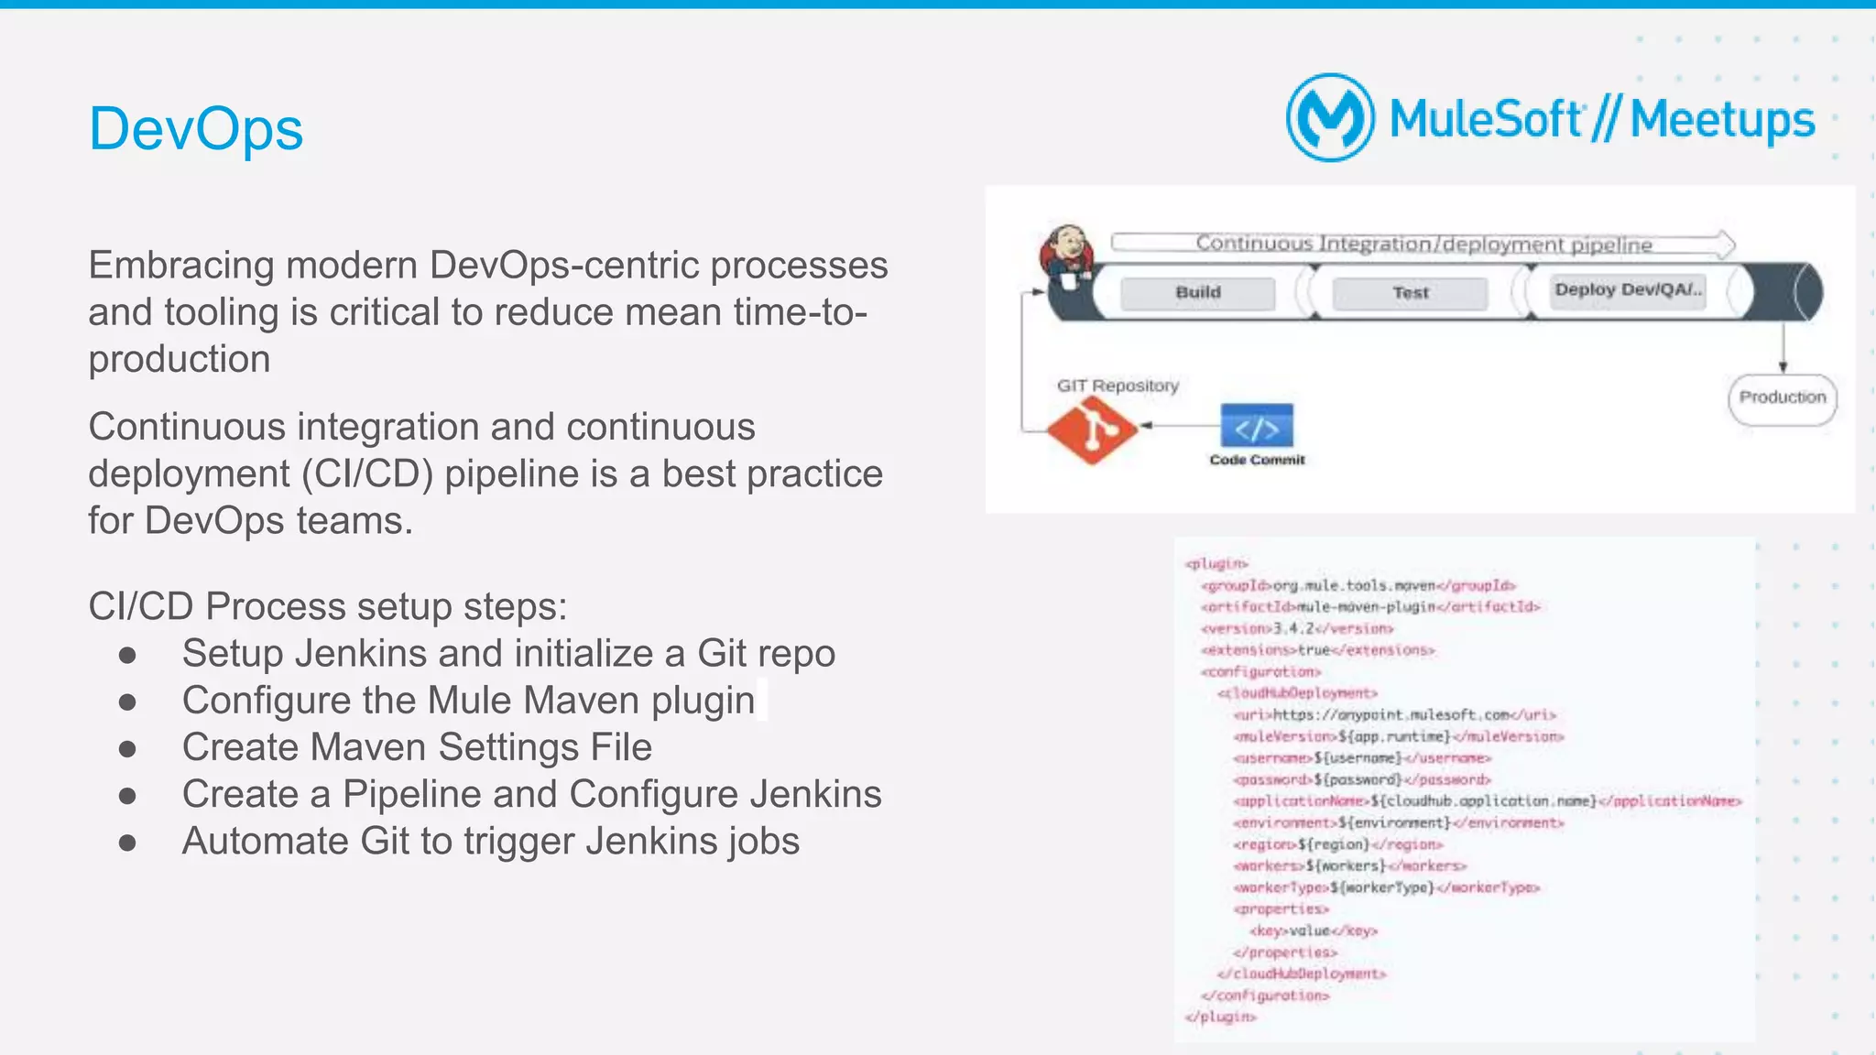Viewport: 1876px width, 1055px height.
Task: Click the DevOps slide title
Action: tap(195, 129)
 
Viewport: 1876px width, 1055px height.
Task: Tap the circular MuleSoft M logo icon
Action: tap(1330, 118)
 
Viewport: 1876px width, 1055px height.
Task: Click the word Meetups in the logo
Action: tap(1722, 120)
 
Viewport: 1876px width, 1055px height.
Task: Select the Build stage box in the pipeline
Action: tap(1197, 293)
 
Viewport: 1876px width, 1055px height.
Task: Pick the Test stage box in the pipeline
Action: tap(1410, 293)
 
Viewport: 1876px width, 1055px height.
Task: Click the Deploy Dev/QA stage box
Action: tap(1628, 290)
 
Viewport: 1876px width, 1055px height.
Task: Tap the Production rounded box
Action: tap(1782, 398)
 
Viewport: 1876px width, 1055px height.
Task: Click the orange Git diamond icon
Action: tap(1091, 430)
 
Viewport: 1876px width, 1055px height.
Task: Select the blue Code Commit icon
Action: tap(1257, 428)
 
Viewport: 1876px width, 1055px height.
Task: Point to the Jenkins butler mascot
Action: tap(1067, 256)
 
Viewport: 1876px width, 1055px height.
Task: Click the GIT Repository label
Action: tap(1118, 386)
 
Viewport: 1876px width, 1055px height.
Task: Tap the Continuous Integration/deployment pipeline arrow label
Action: tap(1423, 244)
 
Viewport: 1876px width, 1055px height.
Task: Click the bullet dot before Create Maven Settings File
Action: tap(127, 748)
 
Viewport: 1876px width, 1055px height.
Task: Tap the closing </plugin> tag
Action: tap(1220, 1017)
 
